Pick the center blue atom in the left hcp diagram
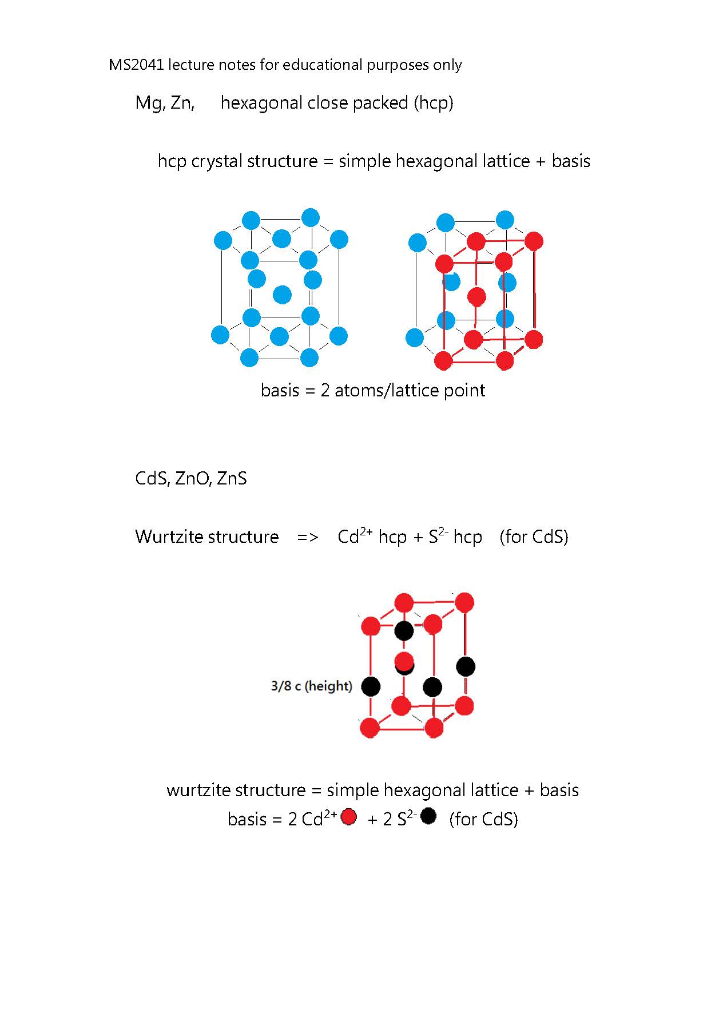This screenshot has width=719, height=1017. [282, 295]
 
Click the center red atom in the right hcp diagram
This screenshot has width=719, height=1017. [476, 297]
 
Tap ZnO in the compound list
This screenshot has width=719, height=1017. [194, 478]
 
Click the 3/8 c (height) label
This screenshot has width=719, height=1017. [311, 686]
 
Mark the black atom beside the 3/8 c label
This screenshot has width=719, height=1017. [371, 686]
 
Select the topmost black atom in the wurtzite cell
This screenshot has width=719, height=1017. [404, 631]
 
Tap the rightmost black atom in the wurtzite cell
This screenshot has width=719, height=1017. [466, 666]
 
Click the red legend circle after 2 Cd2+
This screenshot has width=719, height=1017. [348, 817]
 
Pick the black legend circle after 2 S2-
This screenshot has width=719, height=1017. [428, 816]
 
